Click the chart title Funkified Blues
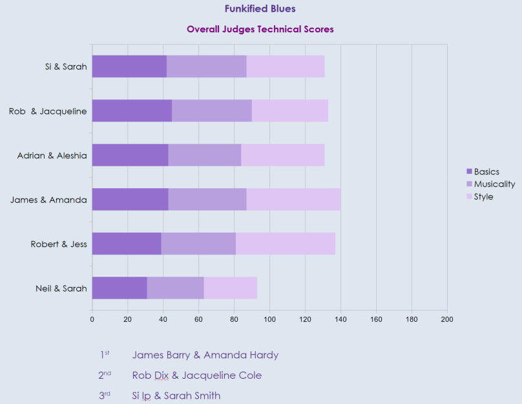[260, 9]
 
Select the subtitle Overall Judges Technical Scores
[260, 29]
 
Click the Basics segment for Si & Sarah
[129, 67]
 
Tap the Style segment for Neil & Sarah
[231, 288]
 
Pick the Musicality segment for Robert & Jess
[198, 244]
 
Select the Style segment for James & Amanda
[293, 199]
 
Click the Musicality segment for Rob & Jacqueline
[212, 111]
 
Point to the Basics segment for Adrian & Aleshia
[130, 155]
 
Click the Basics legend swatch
[470, 172]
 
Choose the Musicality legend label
[494, 184]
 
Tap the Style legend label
[483, 197]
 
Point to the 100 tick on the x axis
[269, 319]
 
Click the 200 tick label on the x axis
[446, 319]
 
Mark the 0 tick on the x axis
[92, 319]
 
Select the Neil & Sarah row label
[61, 288]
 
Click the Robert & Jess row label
[59, 244]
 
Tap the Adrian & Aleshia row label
[52, 155]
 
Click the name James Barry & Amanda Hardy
[205, 355]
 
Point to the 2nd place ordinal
[105, 375]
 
